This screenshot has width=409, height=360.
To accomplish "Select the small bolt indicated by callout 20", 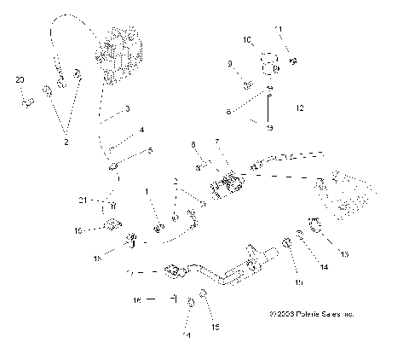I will tap(27, 102).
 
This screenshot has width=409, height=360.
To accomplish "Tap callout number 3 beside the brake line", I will tap(127, 109).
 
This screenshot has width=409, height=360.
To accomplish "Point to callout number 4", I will tap(141, 130).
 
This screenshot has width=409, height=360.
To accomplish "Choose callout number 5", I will tap(151, 151).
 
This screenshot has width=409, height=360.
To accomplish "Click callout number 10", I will tap(248, 39).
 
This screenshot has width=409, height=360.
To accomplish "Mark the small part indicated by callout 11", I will tap(292, 61).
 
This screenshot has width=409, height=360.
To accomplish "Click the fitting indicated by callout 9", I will tap(245, 84).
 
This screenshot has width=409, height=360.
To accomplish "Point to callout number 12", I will tap(298, 108).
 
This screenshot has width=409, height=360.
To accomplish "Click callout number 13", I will tap(345, 254).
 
